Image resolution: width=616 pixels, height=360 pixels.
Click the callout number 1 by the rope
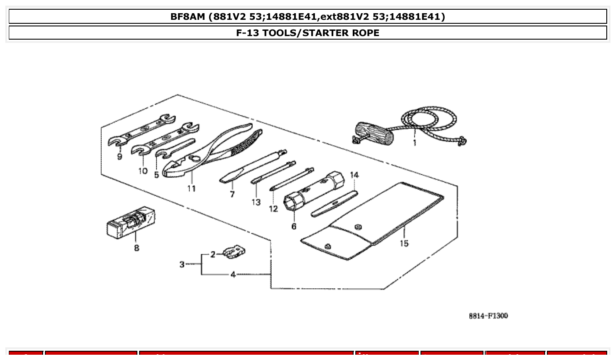click(x=414, y=143)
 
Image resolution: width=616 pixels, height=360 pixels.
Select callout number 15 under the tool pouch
click(x=404, y=243)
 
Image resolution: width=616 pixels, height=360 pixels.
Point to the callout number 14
click(x=354, y=175)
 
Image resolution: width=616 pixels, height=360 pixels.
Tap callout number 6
click(x=294, y=226)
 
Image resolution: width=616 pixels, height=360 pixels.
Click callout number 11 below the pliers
click(x=191, y=188)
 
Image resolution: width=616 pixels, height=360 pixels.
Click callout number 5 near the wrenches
click(x=157, y=175)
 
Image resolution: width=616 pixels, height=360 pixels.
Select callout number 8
click(x=136, y=248)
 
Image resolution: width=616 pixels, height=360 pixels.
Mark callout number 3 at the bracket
click(x=182, y=264)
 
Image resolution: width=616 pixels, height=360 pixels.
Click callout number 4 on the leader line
click(x=233, y=275)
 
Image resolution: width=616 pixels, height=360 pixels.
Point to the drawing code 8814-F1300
click(x=488, y=316)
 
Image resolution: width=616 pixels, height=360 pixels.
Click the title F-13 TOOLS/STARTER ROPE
click(x=308, y=33)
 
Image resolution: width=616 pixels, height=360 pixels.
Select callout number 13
click(x=256, y=202)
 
